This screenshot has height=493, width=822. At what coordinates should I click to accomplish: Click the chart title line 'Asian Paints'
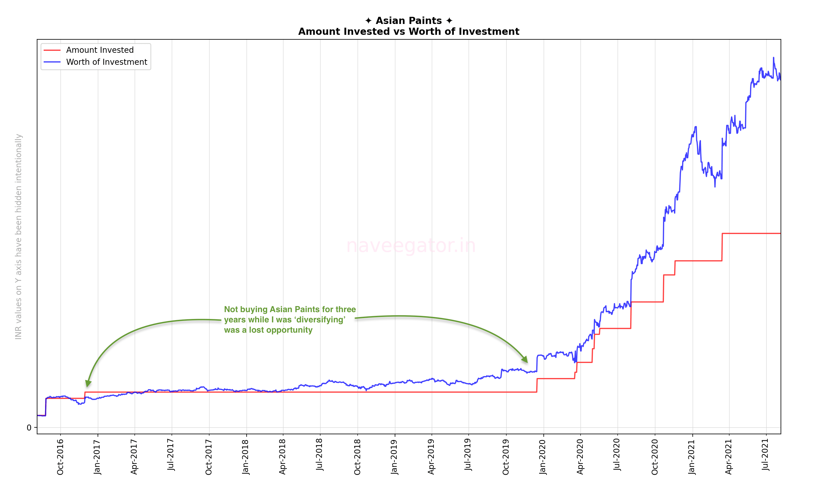pyautogui.click(x=408, y=21)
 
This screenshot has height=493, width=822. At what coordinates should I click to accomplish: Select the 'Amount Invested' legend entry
pyautogui.click(x=100, y=50)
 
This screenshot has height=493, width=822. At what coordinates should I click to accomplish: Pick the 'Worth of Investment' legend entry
pyautogui.click(x=106, y=62)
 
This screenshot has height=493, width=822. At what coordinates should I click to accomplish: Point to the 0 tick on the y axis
pyautogui.click(x=29, y=428)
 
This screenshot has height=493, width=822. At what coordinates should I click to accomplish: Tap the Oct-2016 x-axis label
pyautogui.click(x=60, y=457)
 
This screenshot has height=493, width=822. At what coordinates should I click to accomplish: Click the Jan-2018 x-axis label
pyautogui.click(x=246, y=457)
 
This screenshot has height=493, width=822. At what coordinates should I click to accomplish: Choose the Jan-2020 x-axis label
pyautogui.click(x=543, y=457)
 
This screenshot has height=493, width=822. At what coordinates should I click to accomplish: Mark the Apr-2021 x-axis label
pyautogui.click(x=729, y=457)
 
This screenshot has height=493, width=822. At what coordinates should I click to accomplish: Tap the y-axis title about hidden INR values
pyautogui.click(x=19, y=237)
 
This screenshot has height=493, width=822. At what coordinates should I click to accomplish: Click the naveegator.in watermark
pyautogui.click(x=411, y=246)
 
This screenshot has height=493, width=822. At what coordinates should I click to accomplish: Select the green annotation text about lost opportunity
pyautogui.click(x=289, y=320)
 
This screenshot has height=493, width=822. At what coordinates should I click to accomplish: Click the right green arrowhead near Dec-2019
pyautogui.click(x=525, y=359)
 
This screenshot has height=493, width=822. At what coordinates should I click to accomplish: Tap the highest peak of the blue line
pyautogui.click(x=773, y=58)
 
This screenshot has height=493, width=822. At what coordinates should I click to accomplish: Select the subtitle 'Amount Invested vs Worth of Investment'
pyautogui.click(x=408, y=32)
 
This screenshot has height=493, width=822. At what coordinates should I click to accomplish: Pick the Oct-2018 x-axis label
pyautogui.click(x=357, y=457)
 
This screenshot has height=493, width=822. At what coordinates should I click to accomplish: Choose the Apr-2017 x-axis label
pyautogui.click(x=134, y=457)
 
